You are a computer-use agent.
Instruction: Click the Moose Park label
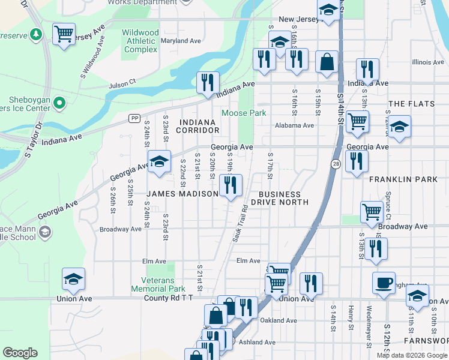[x=244, y=113]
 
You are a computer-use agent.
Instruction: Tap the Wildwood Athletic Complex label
[x=140, y=41]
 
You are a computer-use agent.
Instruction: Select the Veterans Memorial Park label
[x=158, y=284]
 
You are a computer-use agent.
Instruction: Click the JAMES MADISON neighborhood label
[x=183, y=194]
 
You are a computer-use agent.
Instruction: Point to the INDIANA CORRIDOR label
[x=197, y=126]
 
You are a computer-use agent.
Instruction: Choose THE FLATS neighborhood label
[x=411, y=104]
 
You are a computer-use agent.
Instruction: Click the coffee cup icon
[x=384, y=283]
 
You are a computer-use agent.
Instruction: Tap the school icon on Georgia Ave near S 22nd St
[x=159, y=161]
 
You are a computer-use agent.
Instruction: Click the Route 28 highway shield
[x=335, y=164]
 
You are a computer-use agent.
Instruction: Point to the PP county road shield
[x=134, y=118]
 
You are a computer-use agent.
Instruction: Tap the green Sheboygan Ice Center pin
[x=59, y=104]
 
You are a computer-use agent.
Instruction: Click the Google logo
[x=20, y=353]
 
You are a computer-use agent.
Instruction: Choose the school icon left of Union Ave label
[x=73, y=279]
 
